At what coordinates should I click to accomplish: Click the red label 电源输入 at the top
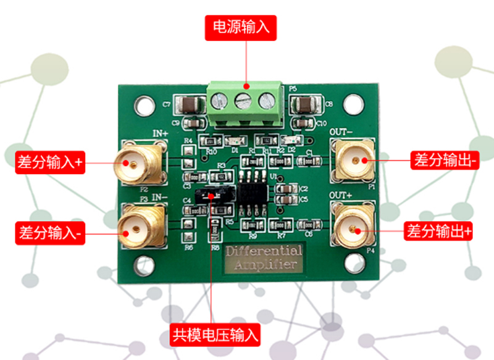[x=241, y=28]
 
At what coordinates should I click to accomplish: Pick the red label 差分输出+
[x=440, y=232]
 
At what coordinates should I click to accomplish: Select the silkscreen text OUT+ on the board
[x=341, y=196]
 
